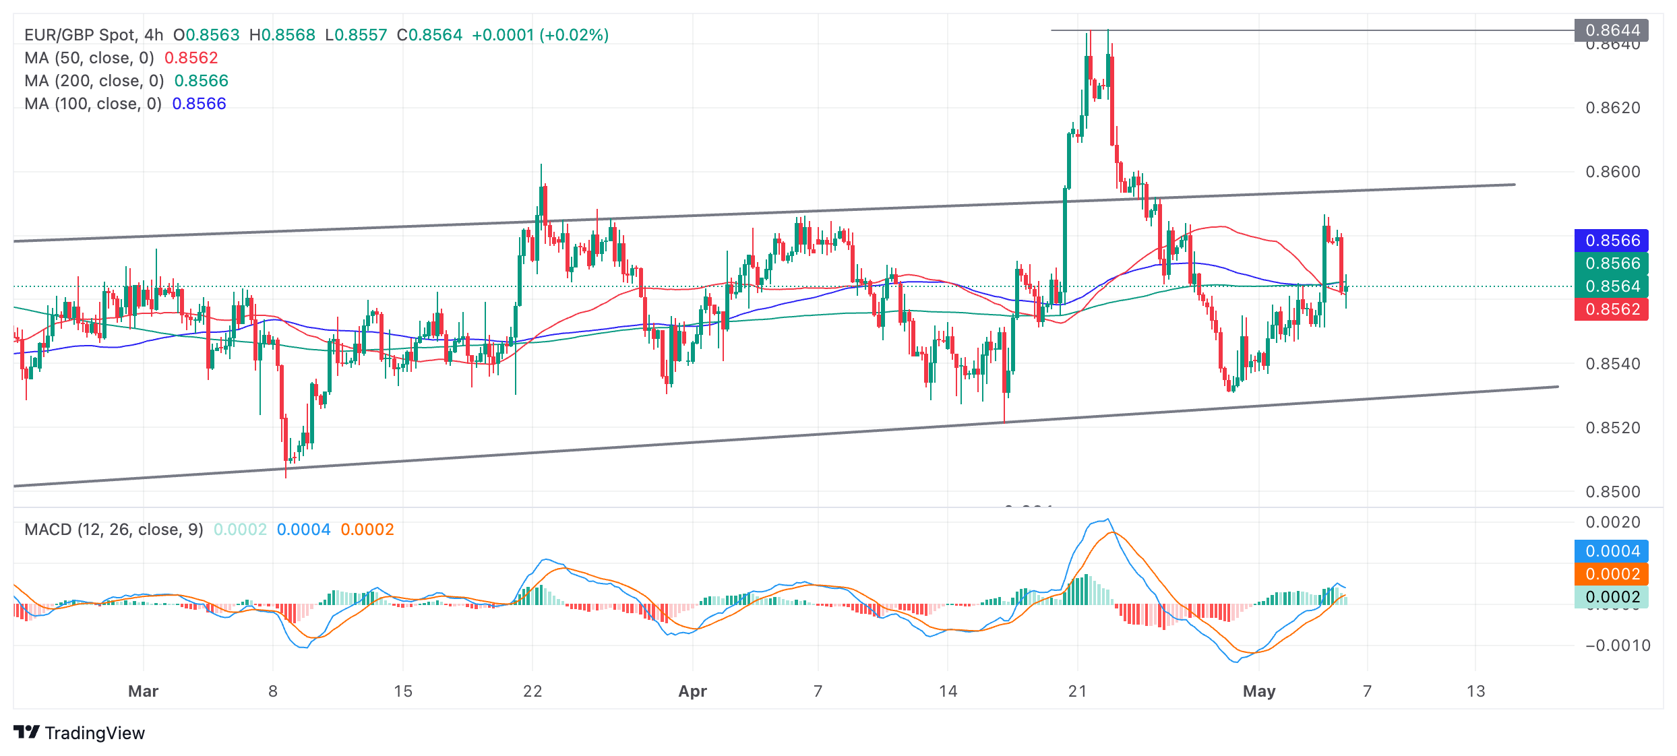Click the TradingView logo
pos(79,732)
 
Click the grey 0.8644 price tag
pos(1611,30)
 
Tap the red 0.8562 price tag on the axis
pos(1611,309)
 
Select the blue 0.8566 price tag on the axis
pos(1611,241)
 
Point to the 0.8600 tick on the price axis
pos(1612,172)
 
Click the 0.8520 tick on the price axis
pos(1612,428)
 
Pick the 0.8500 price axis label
pos(1612,492)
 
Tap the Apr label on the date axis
pos(692,691)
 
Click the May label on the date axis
pos(1259,691)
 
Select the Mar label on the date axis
pos(143,691)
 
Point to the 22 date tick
pos(532,691)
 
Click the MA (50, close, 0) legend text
pos(90,58)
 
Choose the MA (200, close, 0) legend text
pos(94,81)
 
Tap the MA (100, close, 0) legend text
pos(93,104)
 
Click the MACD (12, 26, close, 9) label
pos(114,530)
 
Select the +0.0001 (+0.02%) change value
pos(540,35)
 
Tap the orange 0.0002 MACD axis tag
pos(1611,574)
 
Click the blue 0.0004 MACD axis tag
pos(1611,551)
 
